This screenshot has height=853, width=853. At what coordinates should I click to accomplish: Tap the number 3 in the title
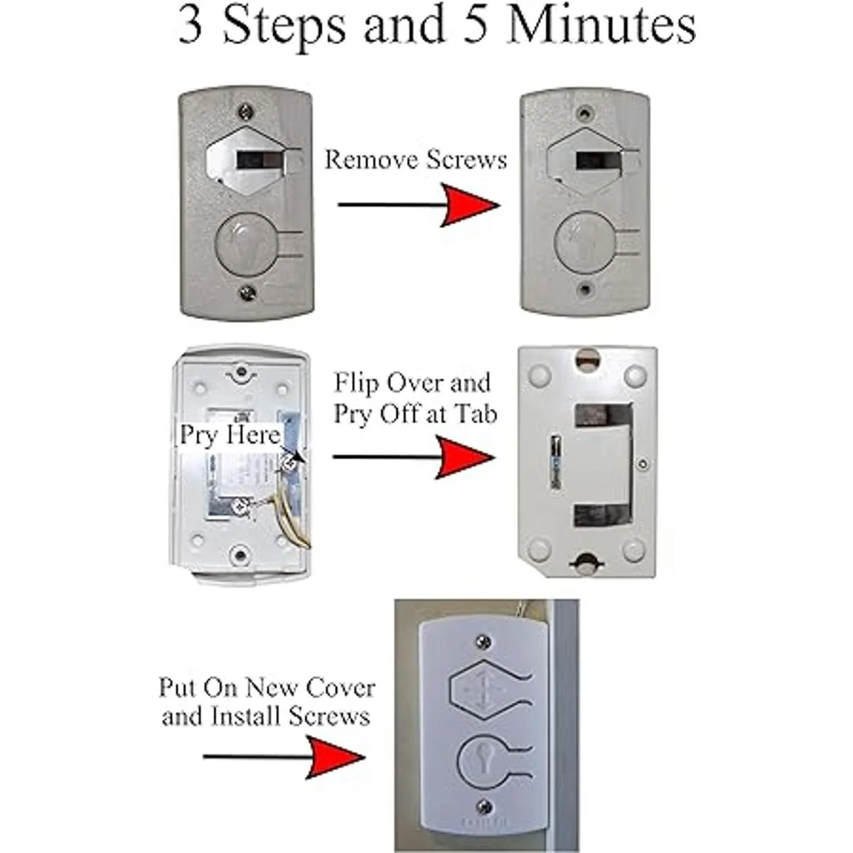pos(191,27)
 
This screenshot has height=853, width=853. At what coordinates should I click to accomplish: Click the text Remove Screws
pos(416,159)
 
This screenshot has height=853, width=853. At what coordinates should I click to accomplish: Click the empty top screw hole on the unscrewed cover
pos(584,112)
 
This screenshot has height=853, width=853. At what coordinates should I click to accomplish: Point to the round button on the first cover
pos(245,246)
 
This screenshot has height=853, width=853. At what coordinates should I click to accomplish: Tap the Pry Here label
pos(230,434)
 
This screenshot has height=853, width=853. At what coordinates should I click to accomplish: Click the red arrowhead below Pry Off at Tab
pos(466,456)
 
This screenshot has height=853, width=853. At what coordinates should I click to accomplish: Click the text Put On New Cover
pos(267,688)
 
